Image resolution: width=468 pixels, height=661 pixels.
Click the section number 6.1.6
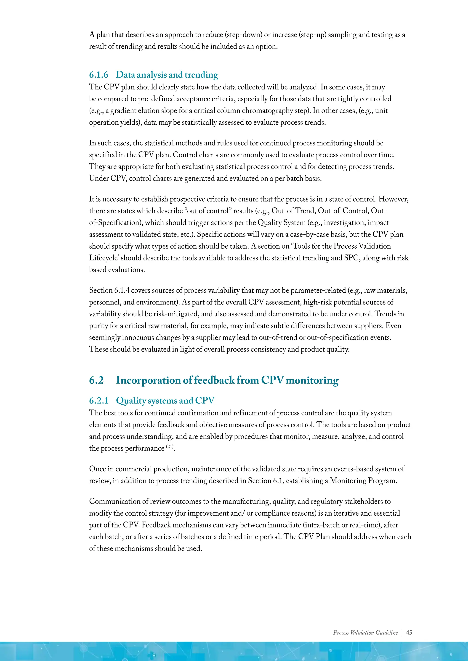click(98, 75)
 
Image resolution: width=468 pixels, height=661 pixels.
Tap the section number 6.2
click(96, 380)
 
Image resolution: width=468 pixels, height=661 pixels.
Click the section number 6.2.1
click(98, 401)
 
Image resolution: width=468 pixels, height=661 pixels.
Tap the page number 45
click(409, 632)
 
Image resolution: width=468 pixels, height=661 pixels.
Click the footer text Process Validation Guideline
click(365, 632)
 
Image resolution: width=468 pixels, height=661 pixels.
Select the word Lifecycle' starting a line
click(104, 258)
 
